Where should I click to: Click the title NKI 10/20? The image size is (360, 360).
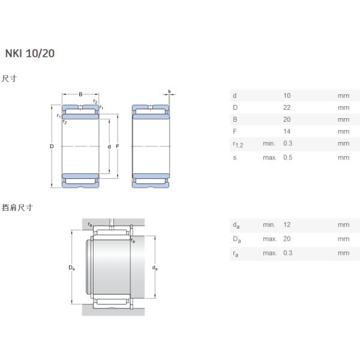tap(30, 53)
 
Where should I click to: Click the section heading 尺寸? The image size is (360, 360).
tap(8, 79)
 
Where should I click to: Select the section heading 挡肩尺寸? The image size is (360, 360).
tap(17, 208)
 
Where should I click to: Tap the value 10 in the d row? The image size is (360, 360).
tap(286, 95)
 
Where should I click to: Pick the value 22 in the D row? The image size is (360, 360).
tap(286, 107)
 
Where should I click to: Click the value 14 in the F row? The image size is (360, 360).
tap(286, 131)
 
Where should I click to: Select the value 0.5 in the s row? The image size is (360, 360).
tap(287, 157)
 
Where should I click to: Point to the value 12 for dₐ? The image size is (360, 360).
tap(286, 224)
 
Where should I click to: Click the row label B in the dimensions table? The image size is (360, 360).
tap(235, 119)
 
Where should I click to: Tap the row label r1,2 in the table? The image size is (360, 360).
tap(238, 144)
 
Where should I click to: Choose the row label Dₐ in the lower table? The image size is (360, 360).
tap(236, 239)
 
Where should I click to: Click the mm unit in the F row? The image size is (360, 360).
tap(343, 131)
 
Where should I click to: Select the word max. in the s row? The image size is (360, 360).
tap(269, 157)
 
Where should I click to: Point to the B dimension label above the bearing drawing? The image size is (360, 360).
tap(80, 94)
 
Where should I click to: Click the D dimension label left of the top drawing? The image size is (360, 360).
tap(52, 147)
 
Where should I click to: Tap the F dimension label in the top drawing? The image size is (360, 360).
tap(118, 147)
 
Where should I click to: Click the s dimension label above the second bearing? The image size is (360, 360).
tap(169, 92)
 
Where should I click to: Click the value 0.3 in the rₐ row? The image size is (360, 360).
tap(287, 253)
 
